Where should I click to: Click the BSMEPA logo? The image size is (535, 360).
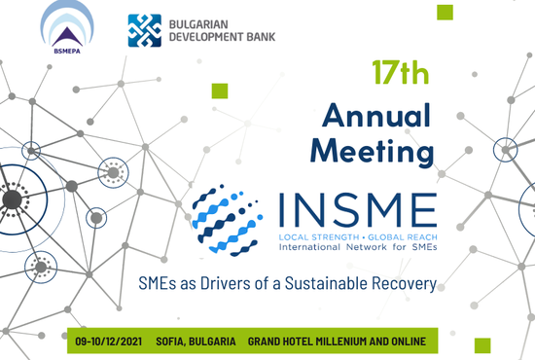tap(67, 27)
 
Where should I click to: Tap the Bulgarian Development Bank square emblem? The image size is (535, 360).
tap(144, 30)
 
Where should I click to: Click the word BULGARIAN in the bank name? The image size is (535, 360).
tap(198, 24)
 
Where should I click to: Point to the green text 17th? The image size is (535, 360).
tap(400, 72)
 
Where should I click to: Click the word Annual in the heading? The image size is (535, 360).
tap(376, 116)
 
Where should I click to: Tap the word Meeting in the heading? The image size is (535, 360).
tap(372, 152)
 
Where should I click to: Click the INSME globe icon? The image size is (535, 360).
tap(228, 221)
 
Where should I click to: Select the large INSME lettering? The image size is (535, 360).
tap(358, 210)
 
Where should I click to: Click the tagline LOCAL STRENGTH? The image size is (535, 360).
tap(319, 237)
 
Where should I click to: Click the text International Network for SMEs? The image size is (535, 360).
tap(358, 247)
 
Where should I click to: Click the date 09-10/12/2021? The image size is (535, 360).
tap(109, 342)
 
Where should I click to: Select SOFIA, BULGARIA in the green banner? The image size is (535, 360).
tap(196, 342)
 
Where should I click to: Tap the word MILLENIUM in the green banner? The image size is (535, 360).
tap(339, 342)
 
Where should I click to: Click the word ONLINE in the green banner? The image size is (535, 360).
tap(409, 342)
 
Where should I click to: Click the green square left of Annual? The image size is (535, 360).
tap(220, 90)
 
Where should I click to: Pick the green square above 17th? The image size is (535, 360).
tap(445, 13)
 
